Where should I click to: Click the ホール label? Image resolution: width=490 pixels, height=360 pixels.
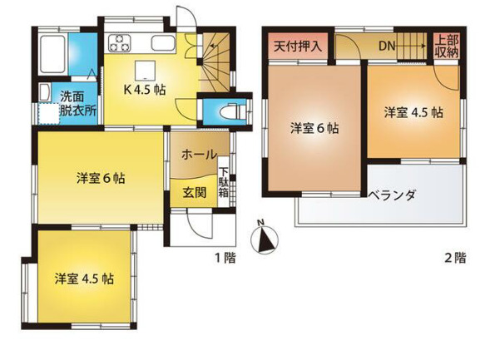[200, 154]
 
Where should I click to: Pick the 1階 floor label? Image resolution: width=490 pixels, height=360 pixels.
[225, 258]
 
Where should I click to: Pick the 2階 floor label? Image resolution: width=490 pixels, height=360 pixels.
[455, 258]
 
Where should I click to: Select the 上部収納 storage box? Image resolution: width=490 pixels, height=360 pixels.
[445, 45]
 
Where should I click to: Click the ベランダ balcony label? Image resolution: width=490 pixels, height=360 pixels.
[393, 195]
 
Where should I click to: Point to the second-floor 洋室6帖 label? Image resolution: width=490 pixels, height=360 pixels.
[314, 128]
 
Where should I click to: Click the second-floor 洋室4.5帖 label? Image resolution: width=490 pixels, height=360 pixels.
[413, 111]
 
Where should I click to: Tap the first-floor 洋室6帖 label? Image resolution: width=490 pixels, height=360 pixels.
[101, 177]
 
